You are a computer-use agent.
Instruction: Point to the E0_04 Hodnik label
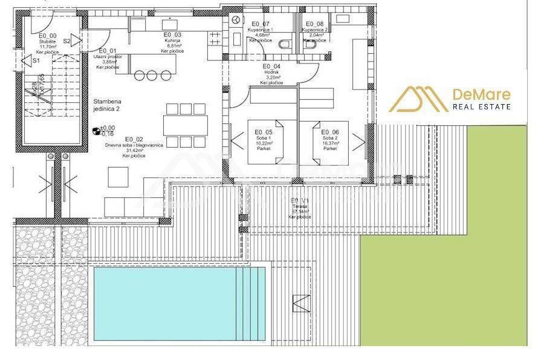coord(271,74)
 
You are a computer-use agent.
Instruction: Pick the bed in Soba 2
coord(329,140)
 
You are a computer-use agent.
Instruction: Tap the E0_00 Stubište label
coord(48,44)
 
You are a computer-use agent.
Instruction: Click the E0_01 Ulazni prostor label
coord(109,59)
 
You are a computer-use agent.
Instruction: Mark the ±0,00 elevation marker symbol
coord(96,130)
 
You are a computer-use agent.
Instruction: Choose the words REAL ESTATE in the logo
coord(482,107)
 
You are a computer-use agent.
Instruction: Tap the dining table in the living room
coord(185,125)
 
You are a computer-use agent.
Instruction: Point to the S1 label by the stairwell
coord(36,61)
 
